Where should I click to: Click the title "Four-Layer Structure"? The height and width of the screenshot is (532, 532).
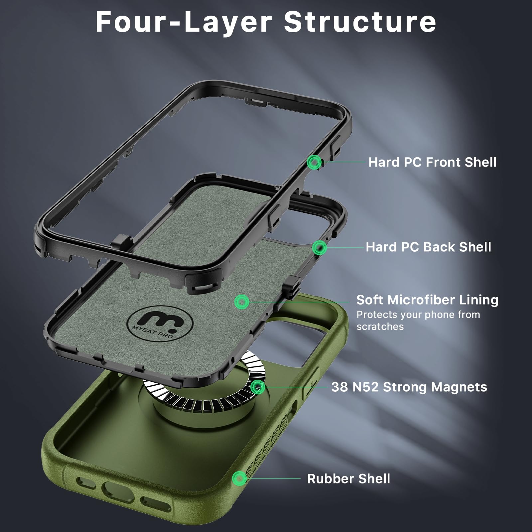pos(266,22)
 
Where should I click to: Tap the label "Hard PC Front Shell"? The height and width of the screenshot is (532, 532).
pos(432,162)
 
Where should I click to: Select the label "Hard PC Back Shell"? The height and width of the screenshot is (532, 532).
pos(428,247)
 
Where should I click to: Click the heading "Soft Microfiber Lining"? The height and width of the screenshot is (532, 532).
pos(427,300)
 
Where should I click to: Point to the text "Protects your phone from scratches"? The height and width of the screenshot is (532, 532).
pos(418,321)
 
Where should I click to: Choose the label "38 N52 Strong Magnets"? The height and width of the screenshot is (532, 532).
pos(409,387)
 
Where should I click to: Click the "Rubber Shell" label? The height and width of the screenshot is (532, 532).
pos(348,479)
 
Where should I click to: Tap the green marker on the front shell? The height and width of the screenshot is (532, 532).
pos(314,163)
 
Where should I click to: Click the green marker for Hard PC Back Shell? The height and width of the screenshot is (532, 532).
pos(320,247)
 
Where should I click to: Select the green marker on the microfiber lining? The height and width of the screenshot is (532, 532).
pos(242,302)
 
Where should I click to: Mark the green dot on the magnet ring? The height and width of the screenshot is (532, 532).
pos(257,387)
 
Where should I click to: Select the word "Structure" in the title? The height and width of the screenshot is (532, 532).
pos(360,22)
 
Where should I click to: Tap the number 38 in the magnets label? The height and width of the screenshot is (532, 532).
pos(339,387)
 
